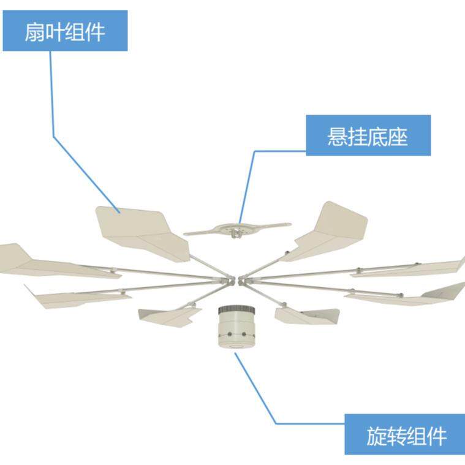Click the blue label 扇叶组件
coord(65,31)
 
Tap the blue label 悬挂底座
coord(368,135)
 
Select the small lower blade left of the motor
coord(168,316)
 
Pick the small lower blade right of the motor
coord(306,315)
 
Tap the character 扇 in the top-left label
coord(34,31)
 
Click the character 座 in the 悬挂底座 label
coord(398,136)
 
